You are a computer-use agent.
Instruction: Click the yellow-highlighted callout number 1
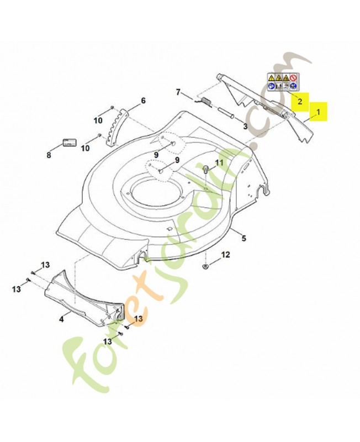click(x=318, y=112)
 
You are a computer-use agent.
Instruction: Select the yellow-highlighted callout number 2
click(x=300, y=101)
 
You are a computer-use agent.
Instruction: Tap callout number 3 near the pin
click(x=245, y=127)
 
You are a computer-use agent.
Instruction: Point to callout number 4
click(x=61, y=319)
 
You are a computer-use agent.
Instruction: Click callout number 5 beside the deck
click(x=244, y=238)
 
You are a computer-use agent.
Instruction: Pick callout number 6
click(x=143, y=101)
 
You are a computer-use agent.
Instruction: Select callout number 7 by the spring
click(x=178, y=92)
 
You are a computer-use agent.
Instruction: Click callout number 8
click(x=49, y=155)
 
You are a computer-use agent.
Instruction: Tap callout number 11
click(x=219, y=162)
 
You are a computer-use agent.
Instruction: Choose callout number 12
click(x=226, y=255)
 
